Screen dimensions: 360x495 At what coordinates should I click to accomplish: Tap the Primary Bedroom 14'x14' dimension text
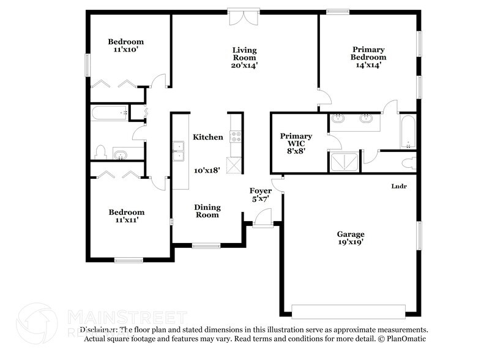click(368, 66)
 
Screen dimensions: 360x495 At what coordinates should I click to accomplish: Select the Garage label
click(351, 234)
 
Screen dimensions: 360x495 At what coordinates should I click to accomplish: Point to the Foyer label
click(260, 191)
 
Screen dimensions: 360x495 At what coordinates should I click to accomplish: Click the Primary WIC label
click(296, 136)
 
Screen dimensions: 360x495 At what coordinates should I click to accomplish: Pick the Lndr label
click(400, 186)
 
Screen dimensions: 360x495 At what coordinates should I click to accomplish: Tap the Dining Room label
click(207, 211)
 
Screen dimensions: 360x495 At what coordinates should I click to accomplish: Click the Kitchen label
click(208, 137)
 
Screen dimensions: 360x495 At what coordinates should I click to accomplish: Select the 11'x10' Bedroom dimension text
click(125, 50)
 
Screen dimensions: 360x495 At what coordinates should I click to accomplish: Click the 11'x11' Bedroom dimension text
click(126, 220)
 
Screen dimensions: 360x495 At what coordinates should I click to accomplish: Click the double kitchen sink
click(178, 151)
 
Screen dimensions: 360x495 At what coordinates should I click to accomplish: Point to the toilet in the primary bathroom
click(411, 163)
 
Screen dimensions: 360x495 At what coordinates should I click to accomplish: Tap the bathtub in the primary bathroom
click(408, 132)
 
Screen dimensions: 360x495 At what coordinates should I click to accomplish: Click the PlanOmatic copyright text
click(403, 339)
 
